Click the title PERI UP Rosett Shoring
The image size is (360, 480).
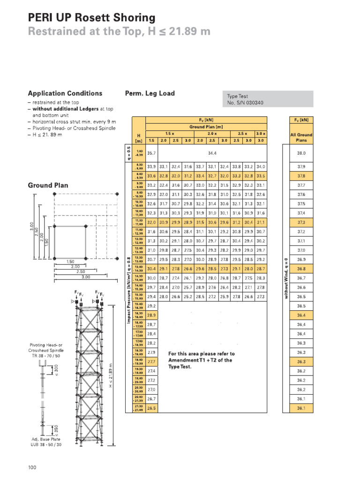tap(91, 18)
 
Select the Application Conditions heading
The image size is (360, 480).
tap(65, 93)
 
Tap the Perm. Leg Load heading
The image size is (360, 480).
tap(150, 93)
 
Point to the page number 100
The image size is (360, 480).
tap(32, 467)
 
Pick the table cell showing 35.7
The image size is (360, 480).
tap(151, 153)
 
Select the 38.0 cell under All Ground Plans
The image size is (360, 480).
tap(301, 153)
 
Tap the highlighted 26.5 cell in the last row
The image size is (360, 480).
tap(151, 408)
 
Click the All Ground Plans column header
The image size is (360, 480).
tap(301, 137)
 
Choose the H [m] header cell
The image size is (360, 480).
tap(139, 138)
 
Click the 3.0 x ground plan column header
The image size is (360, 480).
tap(261, 133)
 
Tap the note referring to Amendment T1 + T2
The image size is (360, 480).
tap(201, 360)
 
